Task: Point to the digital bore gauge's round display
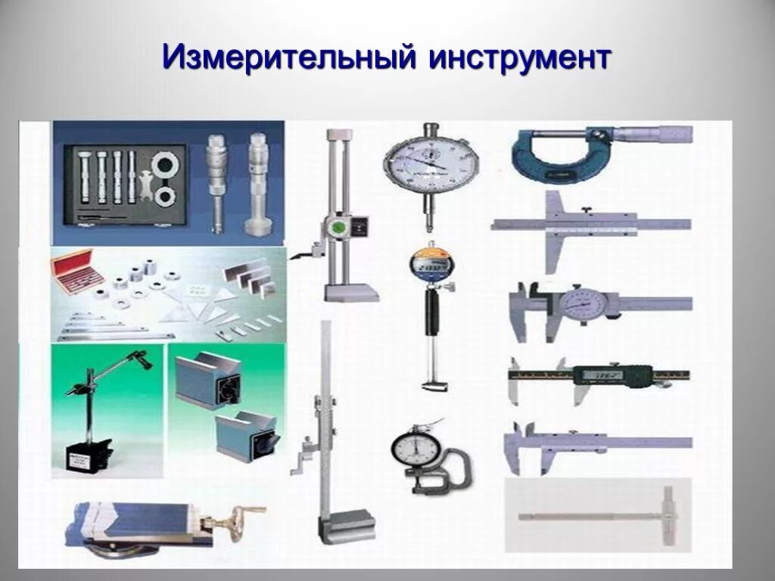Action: pos(428,266)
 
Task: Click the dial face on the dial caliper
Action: pos(580,303)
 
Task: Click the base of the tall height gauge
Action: pos(345,526)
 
